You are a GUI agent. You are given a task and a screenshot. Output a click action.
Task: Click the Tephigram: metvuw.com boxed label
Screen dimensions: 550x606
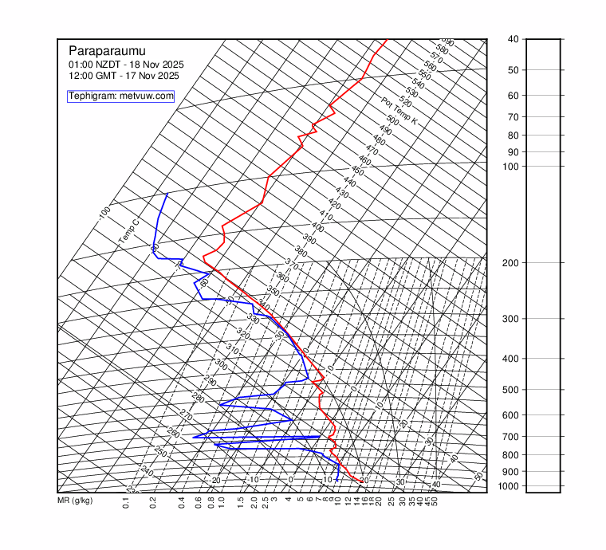121,96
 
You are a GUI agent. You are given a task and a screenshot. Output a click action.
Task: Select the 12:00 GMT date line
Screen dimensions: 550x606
124,76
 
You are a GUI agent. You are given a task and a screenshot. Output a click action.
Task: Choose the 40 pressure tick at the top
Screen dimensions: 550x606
513,39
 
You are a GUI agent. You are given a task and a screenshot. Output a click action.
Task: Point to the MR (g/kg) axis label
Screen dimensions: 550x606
75,501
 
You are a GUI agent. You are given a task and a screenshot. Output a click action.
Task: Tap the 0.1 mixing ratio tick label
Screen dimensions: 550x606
126,502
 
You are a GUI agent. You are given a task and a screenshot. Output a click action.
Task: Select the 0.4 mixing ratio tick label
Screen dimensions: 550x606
182,502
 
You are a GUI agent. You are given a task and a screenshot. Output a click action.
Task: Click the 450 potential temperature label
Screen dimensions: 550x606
357,171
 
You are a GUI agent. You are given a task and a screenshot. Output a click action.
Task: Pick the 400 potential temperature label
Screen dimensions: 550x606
317,227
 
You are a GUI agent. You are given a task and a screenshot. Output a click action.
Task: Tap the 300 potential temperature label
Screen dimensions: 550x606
221,364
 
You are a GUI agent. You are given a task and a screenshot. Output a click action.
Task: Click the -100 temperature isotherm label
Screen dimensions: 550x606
104,214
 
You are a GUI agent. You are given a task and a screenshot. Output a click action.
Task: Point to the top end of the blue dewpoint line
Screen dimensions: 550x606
167,194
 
